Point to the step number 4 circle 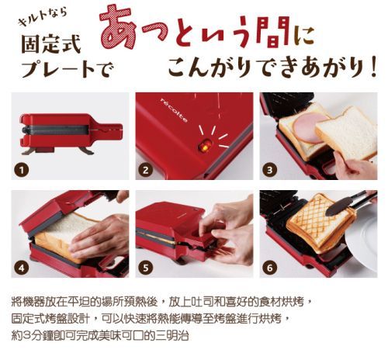pos(23,267)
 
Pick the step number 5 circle pos(145,267)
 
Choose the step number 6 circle pos(269,267)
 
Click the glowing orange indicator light pos(205,145)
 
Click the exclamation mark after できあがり pos(375,67)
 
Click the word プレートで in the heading pos(66,68)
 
